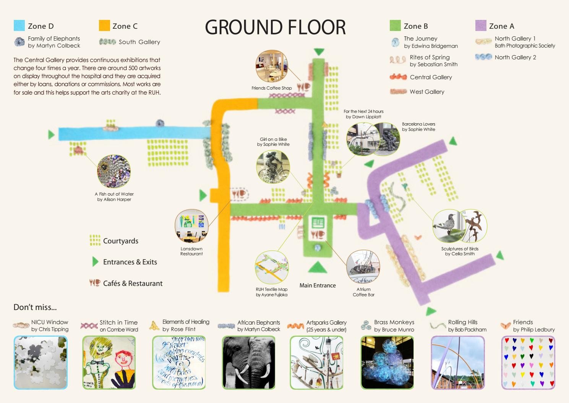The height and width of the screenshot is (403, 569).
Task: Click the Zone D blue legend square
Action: click(x=19, y=25)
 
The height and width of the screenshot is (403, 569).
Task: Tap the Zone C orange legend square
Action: click(x=104, y=25)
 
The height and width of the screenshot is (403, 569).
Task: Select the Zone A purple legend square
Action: click(x=481, y=25)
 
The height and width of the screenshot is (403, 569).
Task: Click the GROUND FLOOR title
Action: click(x=275, y=27)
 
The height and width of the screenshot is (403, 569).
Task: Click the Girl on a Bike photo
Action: click(x=273, y=166)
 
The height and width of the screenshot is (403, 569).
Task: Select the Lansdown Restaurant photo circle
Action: click(x=191, y=226)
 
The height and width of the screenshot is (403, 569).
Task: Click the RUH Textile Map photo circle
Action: click(x=272, y=268)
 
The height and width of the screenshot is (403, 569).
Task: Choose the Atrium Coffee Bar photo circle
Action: click(x=363, y=267)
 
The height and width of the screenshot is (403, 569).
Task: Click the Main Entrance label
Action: click(x=318, y=286)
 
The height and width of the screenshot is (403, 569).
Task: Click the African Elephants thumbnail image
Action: click(x=248, y=362)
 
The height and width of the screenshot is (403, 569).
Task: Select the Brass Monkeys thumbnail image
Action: click(x=387, y=362)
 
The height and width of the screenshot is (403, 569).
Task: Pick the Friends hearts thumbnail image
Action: click(x=528, y=362)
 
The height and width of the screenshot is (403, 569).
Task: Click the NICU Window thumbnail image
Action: click(x=41, y=362)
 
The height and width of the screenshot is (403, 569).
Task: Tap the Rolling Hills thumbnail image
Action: click(x=458, y=362)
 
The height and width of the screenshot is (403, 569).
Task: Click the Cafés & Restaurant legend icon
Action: click(x=94, y=283)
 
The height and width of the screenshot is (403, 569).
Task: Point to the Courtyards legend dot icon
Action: click(x=95, y=240)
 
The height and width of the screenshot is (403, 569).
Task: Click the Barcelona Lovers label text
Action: click(x=418, y=127)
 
